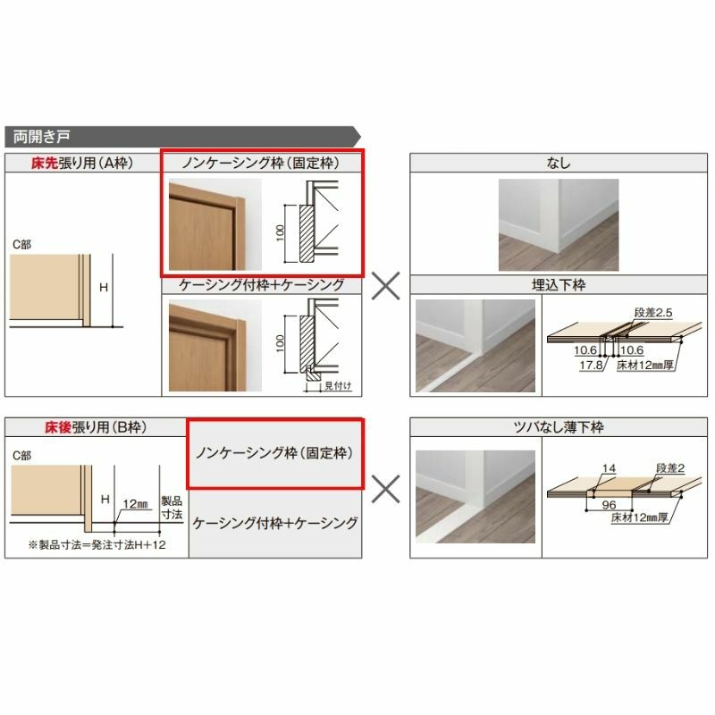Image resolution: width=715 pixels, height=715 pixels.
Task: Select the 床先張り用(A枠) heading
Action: tap(81, 163)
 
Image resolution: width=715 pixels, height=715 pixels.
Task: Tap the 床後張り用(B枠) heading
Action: tap(81, 429)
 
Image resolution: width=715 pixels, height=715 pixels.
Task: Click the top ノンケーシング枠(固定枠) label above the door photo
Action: tap(262, 163)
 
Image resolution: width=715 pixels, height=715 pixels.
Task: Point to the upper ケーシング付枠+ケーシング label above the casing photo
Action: tap(262, 285)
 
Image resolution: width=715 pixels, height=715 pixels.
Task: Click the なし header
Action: tap(559, 163)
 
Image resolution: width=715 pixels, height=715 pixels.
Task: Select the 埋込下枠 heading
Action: tap(559, 285)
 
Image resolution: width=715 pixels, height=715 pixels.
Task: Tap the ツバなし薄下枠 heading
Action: tap(559, 429)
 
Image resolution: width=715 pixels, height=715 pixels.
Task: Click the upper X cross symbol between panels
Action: tap(385, 285)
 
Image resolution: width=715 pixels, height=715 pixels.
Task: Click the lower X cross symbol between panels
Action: tap(385, 488)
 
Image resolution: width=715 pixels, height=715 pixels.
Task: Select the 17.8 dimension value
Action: tap(590, 366)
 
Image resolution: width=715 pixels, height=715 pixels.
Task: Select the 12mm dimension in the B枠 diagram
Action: tap(136, 502)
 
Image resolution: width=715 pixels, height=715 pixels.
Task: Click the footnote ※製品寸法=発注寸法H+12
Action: tap(88, 545)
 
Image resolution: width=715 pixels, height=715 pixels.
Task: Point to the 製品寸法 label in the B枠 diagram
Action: tap(171, 508)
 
